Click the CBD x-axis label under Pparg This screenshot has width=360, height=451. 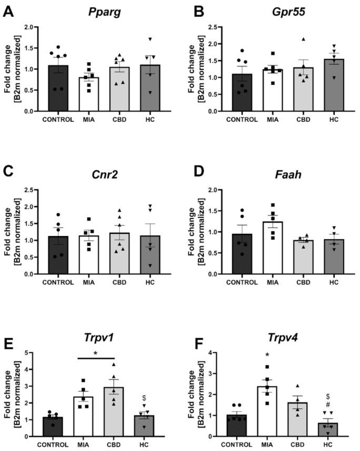[x=121, y=120]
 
